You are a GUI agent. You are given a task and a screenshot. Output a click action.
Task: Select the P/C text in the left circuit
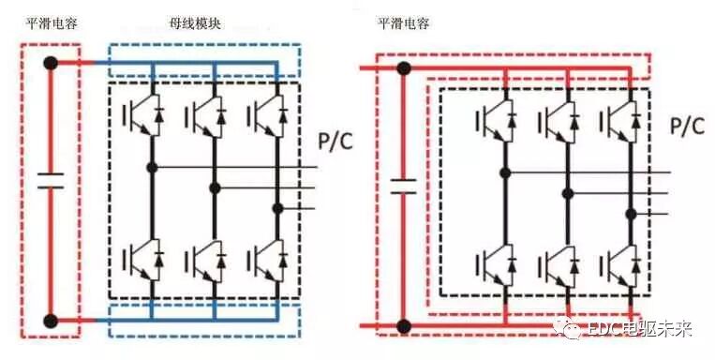point(336,142)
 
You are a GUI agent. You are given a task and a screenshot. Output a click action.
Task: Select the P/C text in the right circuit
point(687,127)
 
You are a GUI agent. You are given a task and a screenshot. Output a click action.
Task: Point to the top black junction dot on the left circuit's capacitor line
point(51,63)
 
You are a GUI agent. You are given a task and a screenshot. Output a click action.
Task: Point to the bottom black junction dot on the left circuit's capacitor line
point(51,322)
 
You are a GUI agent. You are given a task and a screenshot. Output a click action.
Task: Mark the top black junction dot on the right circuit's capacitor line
point(403,67)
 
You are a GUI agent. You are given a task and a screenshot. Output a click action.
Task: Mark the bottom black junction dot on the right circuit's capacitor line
point(403,326)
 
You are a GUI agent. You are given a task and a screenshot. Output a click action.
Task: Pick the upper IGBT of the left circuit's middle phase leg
point(205,117)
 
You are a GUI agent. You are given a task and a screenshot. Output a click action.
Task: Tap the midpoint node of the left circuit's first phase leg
point(150,168)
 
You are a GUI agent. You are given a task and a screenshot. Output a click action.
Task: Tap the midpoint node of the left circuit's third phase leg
point(277,208)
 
